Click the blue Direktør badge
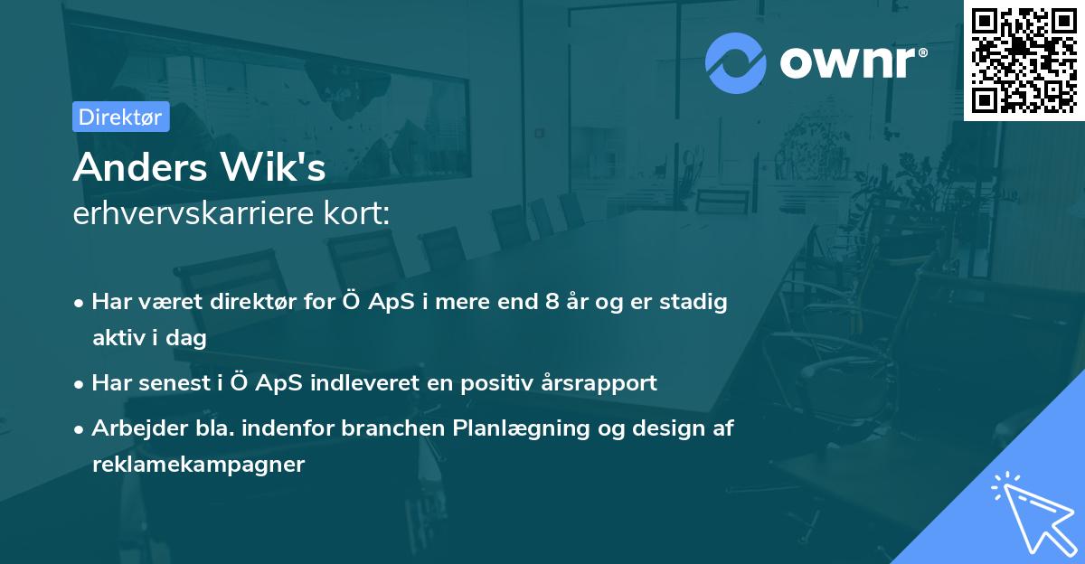tap(121, 117)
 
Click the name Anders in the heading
tap(140, 167)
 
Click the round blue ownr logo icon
tap(735, 63)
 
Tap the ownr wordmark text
tap(847, 62)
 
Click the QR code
tap(1024, 60)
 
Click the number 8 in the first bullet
tap(552, 302)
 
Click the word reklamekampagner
tap(199, 465)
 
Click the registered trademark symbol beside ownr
tap(922, 52)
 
